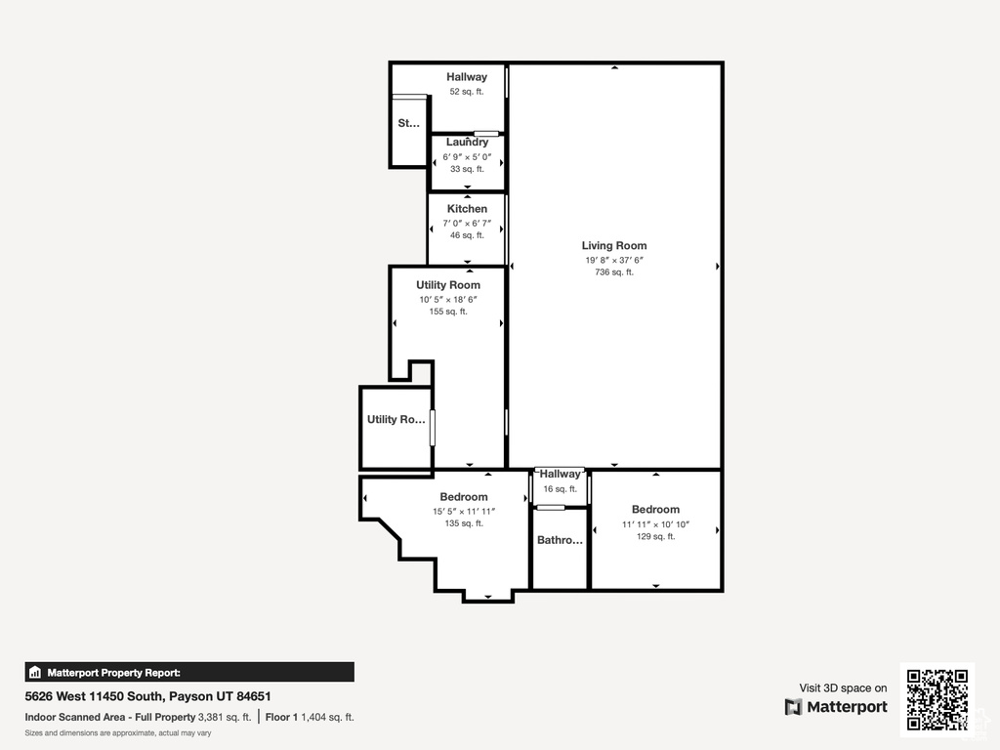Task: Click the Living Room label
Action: [x=614, y=245]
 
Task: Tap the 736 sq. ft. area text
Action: [x=614, y=272]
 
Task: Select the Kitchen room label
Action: [x=467, y=209]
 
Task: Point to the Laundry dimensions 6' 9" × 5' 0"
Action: [x=467, y=157]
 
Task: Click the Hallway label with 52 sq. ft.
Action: [x=467, y=77]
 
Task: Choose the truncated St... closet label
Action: [x=409, y=123]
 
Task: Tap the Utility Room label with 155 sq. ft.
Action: [x=448, y=285]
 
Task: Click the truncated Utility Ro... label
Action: [x=396, y=419]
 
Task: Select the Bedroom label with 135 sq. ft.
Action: [x=464, y=497]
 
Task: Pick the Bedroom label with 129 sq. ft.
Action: [x=655, y=510]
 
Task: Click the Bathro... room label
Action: [x=560, y=540]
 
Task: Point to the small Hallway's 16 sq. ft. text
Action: [x=560, y=489]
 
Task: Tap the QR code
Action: [x=937, y=699]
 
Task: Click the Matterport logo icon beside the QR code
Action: [x=793, y=707]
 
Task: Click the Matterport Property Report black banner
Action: [x=189, y=672]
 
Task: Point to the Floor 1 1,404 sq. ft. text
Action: [x=310, y=717]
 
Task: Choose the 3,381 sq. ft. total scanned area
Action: [x=225, y=717]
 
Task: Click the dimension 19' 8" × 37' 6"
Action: [x=614, y=260]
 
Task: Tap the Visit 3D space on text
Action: [x=843, y=688]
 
